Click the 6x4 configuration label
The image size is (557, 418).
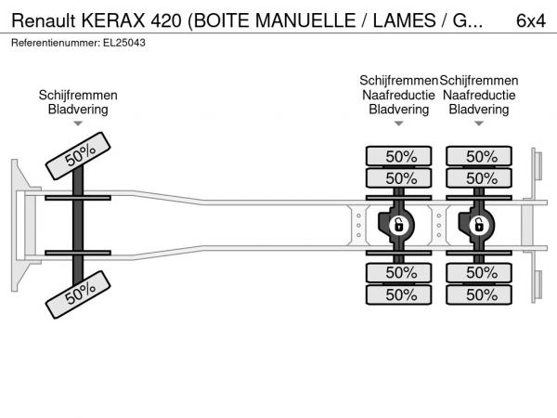pyautogui.click(x=531, y=20)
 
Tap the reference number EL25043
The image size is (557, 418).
pyautogui.click(x=124, y=43)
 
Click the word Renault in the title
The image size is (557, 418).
pyautogui.click(x=44, y=20)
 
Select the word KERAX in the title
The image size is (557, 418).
pyautogui.click(x=113, y=20)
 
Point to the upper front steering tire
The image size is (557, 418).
pyautogui.click(x=78, y=156)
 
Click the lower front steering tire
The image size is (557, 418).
pyautogui.click(x=78, y=294)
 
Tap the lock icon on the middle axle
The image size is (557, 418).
pyautogui.click(x=399, y=225)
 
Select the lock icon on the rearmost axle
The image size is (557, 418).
pyautogui.click(x=479, y=225)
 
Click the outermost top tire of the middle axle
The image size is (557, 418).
pyautogui.click(x=399, y=156)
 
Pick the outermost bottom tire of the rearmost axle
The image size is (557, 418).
pyautogui.click(x=479, y=294)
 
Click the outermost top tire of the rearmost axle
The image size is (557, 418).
pyautogui.click(x=479, y=156)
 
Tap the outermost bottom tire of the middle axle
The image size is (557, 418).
pyautogui.click(x=399, y=294)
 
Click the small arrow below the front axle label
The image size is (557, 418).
pyautogui.click(x=78, y=124)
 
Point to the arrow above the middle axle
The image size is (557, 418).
pyautogui.click(x=399, y=124)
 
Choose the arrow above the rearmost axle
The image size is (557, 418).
pyautogui.click(x=479, y=124)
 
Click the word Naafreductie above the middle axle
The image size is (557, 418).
pyautogui.click(x=398, y=95)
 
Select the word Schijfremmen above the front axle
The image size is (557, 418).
pyautogui.click(x=78, y=95)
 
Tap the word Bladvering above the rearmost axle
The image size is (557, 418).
pyautogui.click(x=479, y=109)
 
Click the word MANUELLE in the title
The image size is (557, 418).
pyautogui.click(x=305, y=20)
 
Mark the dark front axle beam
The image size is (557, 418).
pyautogui.click(x=78, y=225)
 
